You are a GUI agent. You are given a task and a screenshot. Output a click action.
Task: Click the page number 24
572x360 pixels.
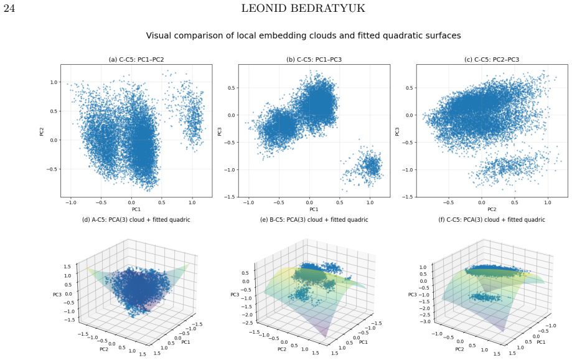pos(9,8)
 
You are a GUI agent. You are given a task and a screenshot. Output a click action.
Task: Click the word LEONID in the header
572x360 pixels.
pos(266,8)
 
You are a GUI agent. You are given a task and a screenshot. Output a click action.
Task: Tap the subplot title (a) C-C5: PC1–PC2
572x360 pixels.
pos(136,59)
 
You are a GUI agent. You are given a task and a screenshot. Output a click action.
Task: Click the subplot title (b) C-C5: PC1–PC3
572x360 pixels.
pos(314,59)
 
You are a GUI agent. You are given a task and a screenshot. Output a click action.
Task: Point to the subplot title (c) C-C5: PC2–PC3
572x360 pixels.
pos(492,59)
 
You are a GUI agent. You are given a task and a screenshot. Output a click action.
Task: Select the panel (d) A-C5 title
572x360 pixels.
pos(136,220)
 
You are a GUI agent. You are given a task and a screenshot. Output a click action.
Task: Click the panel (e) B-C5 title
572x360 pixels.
pos(314,220)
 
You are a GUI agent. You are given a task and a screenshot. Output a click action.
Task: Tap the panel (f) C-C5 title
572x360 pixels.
pos(492,220)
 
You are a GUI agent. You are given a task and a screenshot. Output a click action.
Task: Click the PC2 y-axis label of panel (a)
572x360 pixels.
pos(42,131)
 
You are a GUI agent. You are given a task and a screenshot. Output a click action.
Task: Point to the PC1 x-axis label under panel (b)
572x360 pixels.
pos(314,209)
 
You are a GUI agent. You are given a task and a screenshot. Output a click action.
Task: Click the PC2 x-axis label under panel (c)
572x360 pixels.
pos(492,209)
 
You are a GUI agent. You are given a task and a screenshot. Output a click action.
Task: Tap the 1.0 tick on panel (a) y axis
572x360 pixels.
pos(54,82)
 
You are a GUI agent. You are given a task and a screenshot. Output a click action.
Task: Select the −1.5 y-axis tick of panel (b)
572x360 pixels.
pos(232,197)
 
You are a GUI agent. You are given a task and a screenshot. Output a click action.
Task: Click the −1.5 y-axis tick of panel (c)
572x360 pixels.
pos(410,197)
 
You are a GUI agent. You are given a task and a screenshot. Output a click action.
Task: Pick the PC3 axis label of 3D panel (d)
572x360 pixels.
pos(57,294)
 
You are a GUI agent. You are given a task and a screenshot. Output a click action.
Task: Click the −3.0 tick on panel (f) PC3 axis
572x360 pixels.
pos(424,321)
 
